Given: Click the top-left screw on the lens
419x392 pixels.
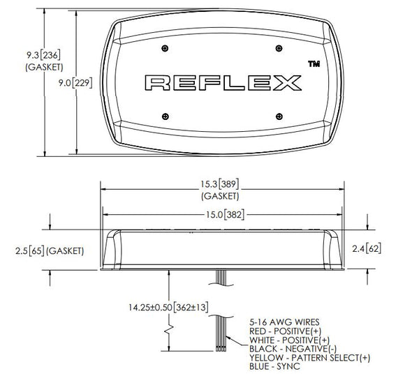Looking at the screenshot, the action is pyautogui.click(x=165, y=48).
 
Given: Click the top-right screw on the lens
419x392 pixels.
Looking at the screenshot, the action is pyautogui.click(x=279, y=48).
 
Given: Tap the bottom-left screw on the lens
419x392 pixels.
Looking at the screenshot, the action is pyautogui.click(x=166, y=116).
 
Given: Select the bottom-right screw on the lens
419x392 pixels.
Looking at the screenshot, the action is pyautogui.click(x=279, y=116).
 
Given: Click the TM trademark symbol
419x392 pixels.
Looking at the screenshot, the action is pyautogui.click(x=314, y=63).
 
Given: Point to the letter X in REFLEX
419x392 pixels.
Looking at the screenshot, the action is pyautogui.click(x=287, y=83).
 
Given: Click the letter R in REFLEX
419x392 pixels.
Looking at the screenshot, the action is pyautogui.click(x=158, y=83).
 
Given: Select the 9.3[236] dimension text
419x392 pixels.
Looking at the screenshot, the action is pyautogui.click(x=43, y=55).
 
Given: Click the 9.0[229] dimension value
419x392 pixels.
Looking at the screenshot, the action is pyautogui.click(x=75, y=83).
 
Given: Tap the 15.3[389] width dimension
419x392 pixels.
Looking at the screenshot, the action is pyautogui.click(x=220, y=184).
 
